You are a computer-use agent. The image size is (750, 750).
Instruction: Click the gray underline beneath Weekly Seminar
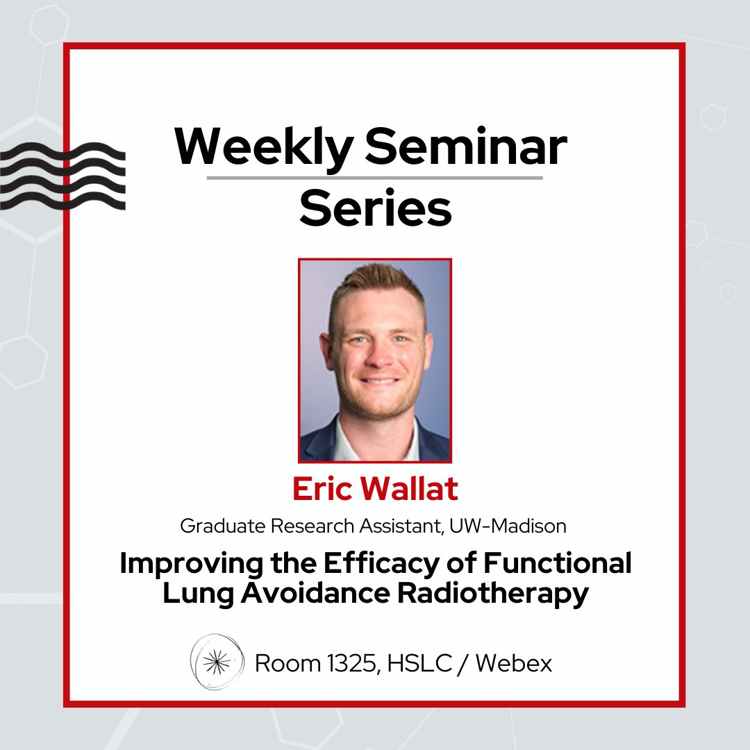click(375, 178)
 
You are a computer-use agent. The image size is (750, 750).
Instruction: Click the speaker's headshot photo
click(375, 360)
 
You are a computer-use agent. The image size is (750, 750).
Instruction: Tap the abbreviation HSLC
click(410, 664)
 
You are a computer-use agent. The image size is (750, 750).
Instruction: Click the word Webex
click(514, 664)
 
